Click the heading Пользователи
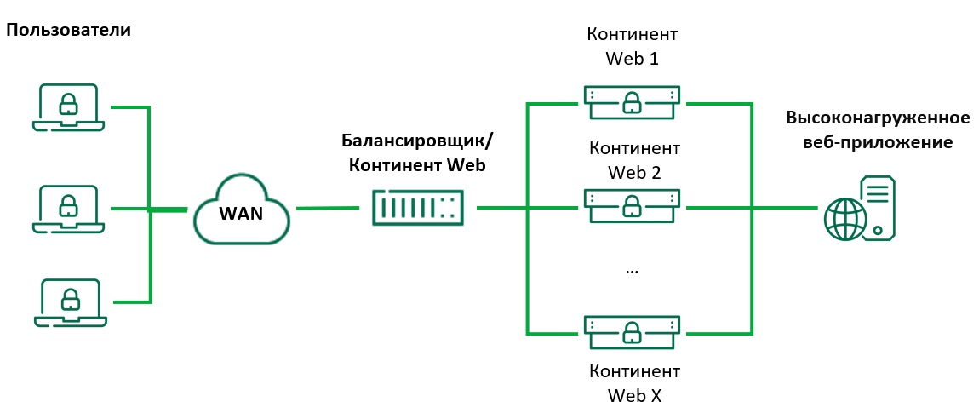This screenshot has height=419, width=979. coord(69,30)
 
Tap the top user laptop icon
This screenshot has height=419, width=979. coord(68,106)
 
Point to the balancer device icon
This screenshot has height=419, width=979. coord(417,208)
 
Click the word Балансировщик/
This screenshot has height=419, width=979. coord(417,141)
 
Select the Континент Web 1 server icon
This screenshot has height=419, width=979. coord(632,103)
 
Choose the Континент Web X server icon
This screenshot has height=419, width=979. coord(632,331)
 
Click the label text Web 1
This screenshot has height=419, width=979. coord(632,59)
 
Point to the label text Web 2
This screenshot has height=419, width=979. coord(634,172)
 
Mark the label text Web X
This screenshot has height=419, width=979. coord(634,396)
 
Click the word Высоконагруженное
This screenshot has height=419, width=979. coord(878,118)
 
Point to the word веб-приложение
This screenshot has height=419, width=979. coord(878,141)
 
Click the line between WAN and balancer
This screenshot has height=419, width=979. coord(328,209)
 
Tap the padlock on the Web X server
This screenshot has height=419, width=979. coord(632,331)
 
